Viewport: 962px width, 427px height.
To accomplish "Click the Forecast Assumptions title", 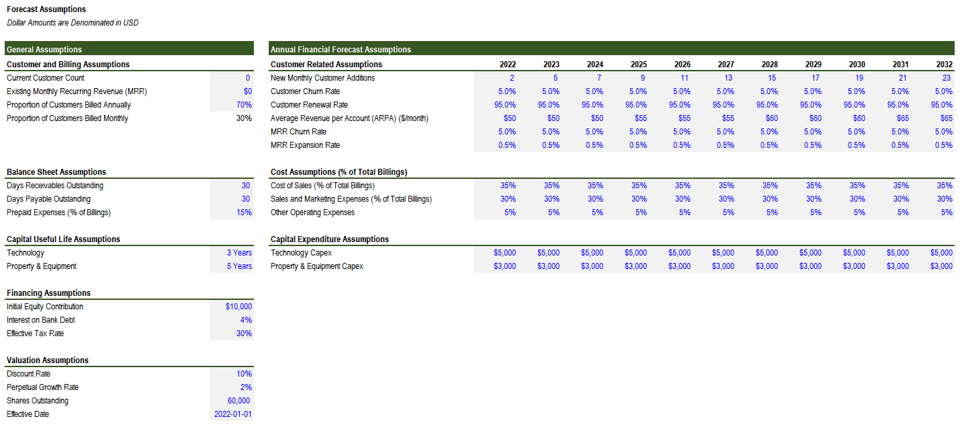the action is click(46, 9).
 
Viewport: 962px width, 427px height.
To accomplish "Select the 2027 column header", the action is click(726, 64).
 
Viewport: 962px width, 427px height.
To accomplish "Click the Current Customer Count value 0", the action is click(248, 78).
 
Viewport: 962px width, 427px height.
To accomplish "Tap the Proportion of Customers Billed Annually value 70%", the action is click(244, 104).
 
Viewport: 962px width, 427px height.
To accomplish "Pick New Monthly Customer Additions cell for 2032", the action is click(947, 78).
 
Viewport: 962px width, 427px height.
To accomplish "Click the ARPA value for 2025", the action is click(641, 118).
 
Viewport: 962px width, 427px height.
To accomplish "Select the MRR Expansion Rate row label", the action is click(305, 145).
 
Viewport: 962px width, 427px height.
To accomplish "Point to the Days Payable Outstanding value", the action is click(246, 199).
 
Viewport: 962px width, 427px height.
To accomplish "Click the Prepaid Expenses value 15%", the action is click(244, 212).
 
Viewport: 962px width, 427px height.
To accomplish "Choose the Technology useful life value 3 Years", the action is click(239, 253).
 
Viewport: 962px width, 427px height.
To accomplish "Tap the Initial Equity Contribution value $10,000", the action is click(238, 307).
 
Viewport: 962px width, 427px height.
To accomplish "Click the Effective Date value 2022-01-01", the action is click(232, 414).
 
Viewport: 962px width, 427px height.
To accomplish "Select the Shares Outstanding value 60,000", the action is click(238, 401).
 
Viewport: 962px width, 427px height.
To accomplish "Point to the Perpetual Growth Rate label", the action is click(42, 387).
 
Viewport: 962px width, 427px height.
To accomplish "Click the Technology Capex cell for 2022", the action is click(505, 253).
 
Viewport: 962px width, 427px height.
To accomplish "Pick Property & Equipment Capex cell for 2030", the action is click(855, 266).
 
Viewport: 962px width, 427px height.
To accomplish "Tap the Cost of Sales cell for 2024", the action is click(595, 186).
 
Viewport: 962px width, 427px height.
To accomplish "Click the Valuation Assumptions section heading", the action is click(48, 360).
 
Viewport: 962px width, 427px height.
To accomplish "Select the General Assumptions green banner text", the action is click(44, 50).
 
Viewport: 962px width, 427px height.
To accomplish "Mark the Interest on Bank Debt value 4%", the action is click(246, 320).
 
